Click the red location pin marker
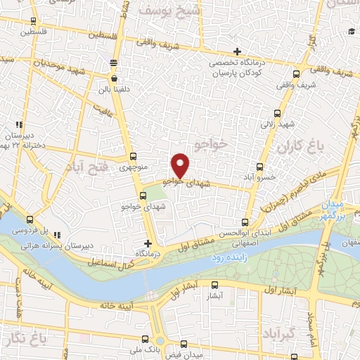pos(181,165)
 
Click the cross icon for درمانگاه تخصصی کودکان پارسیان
pos(238,51)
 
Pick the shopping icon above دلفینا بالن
pos(113,79)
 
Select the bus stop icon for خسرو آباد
pos(260,167)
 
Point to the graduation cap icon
pos(351,31)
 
